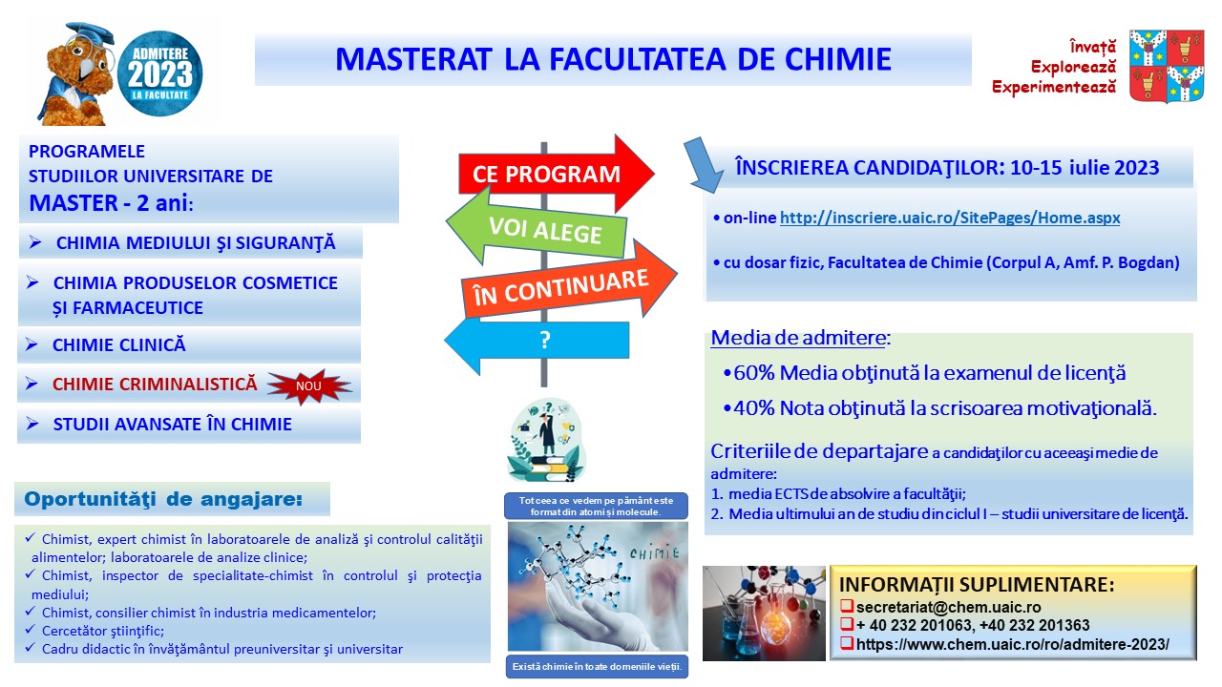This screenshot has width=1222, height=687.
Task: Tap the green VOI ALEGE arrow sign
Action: tap(537, 228)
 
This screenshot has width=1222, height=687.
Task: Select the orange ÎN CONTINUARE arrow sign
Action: tap(567, 283)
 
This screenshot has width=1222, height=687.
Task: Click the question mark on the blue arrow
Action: tap(544, 340)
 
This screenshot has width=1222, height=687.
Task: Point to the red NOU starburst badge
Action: tap(309, 386)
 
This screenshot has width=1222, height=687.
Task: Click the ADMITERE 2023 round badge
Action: tap(159, 73)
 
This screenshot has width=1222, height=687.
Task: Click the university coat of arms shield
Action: tap(1167, 66)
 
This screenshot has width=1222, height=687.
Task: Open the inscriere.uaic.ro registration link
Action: tap(950, 218)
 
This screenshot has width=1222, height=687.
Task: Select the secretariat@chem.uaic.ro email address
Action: tap(948, 607)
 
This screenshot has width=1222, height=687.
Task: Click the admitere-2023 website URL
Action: tap(1013, 644)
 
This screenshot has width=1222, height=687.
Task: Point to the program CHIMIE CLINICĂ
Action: tap(119, 344)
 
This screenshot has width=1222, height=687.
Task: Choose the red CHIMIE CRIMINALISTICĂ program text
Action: tap(155, 384)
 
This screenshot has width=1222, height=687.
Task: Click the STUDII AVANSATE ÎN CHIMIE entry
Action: tap(173, 425)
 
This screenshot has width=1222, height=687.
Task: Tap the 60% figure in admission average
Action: tap(754, 373)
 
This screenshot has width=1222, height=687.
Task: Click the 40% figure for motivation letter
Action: tap(754, 407)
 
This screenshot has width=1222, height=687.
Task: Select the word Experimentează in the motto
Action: tap(1054, 87)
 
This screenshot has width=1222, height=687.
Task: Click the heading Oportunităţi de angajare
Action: tap(163, 499)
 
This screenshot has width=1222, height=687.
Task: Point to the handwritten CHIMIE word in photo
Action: tap(655, 552)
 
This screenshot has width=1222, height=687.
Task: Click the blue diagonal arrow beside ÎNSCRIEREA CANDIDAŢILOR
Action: tap(704, 165)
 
